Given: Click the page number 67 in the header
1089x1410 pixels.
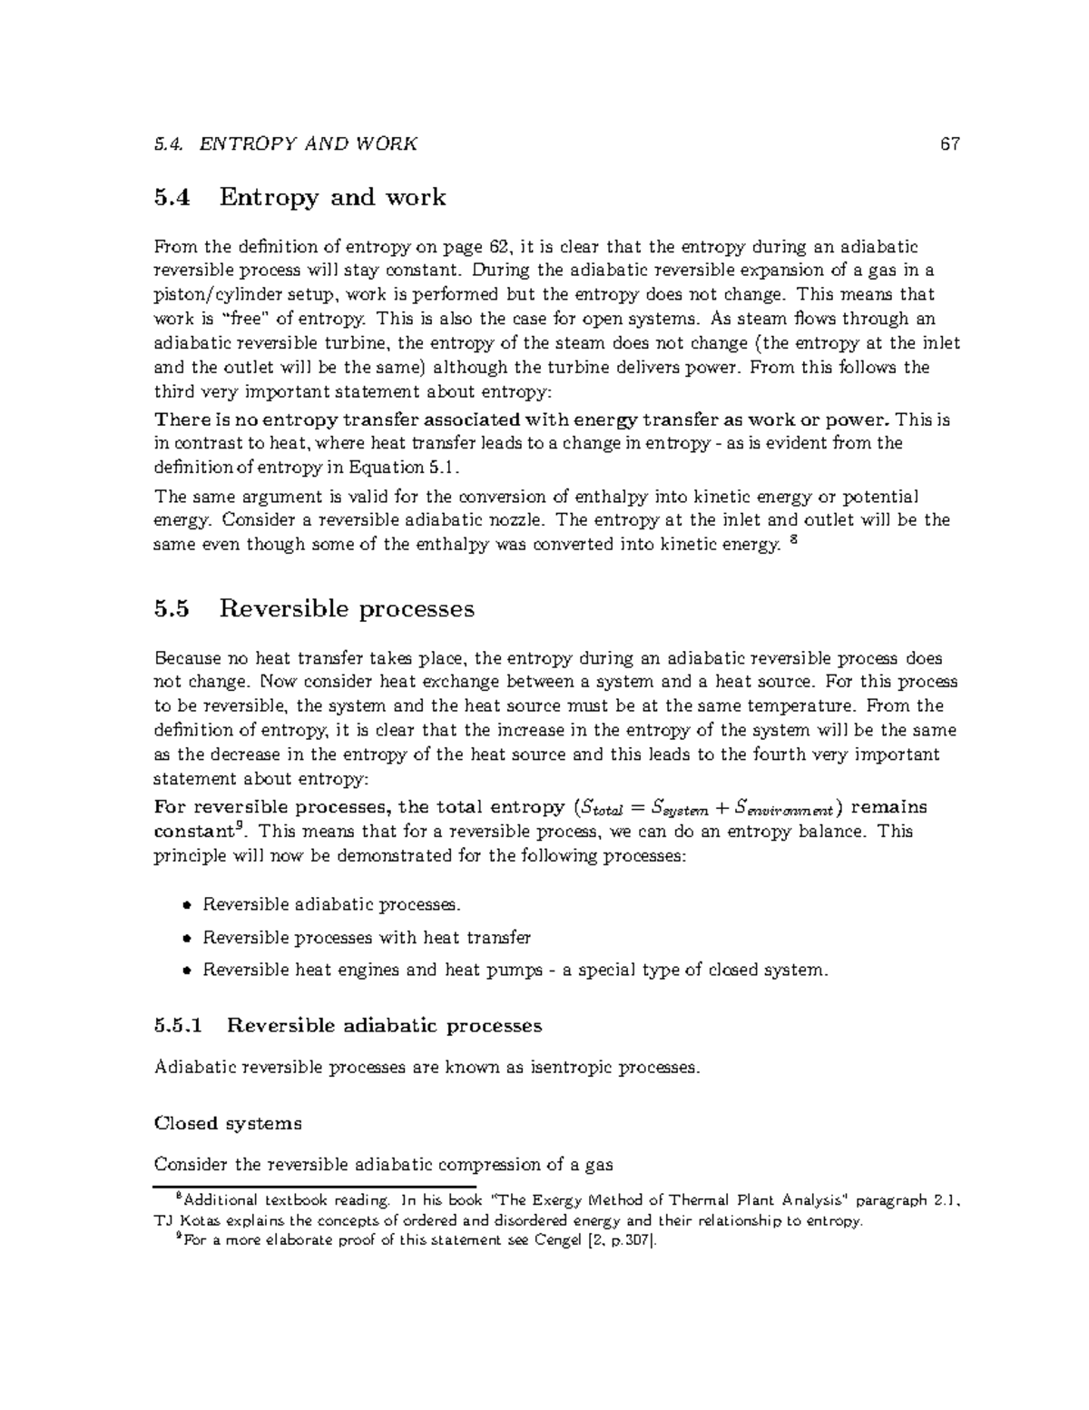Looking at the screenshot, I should (950, 143).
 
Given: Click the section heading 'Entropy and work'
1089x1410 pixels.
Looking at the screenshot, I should (332, 197).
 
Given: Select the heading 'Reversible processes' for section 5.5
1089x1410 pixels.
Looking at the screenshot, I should (347, 608).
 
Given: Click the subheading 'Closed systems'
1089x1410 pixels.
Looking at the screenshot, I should (227, 1123).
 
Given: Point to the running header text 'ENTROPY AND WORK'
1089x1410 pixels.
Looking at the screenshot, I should (308, 143).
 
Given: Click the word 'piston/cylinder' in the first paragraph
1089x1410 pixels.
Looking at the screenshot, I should (208, 295).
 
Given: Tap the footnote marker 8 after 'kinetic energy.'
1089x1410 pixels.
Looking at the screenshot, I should (795, 539).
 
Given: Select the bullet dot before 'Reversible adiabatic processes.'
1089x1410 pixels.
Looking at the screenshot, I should (186, 905).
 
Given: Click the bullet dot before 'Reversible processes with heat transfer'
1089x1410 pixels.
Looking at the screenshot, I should (186, 938).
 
